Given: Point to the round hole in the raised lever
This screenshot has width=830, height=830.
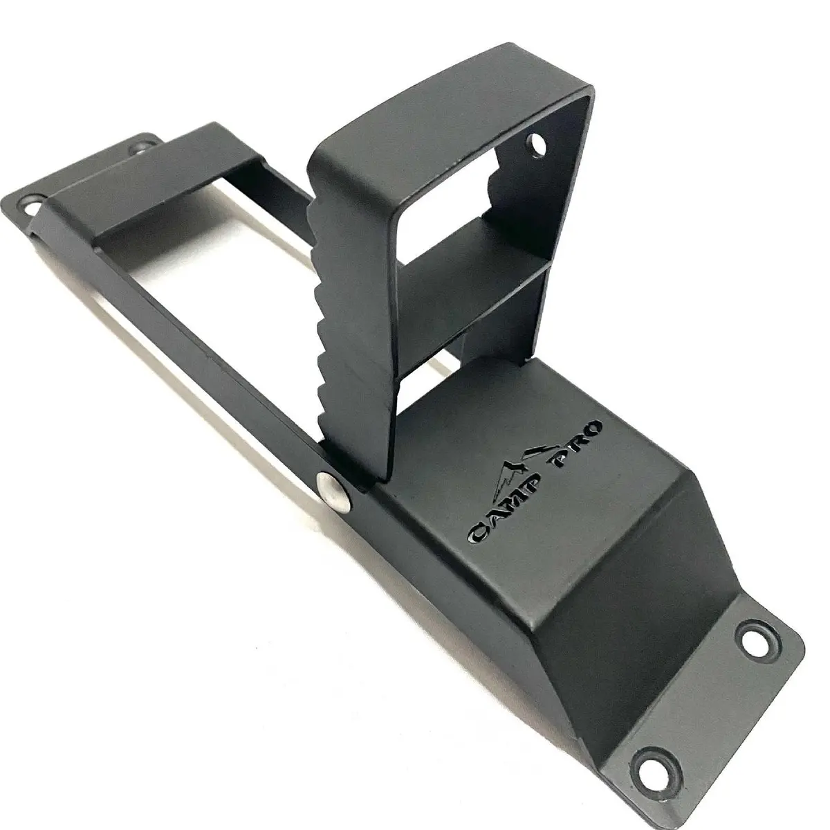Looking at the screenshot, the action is (x=537, y=147).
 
